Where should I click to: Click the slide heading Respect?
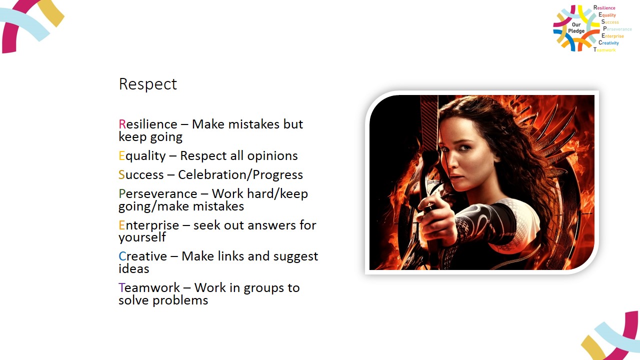147,84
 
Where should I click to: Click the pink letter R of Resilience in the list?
122,124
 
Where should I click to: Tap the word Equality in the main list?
142,156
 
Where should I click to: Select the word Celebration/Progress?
240,175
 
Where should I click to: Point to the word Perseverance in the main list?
157,193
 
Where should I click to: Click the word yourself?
142,237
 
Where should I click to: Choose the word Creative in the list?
142,256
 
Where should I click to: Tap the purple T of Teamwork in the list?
121,287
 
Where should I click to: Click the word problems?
180,300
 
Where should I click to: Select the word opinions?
272,156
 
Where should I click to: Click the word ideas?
133,269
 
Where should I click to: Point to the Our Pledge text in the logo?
576,27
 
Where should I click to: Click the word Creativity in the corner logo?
608,43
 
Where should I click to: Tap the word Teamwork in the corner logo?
604,49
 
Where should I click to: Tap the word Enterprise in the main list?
149,225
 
